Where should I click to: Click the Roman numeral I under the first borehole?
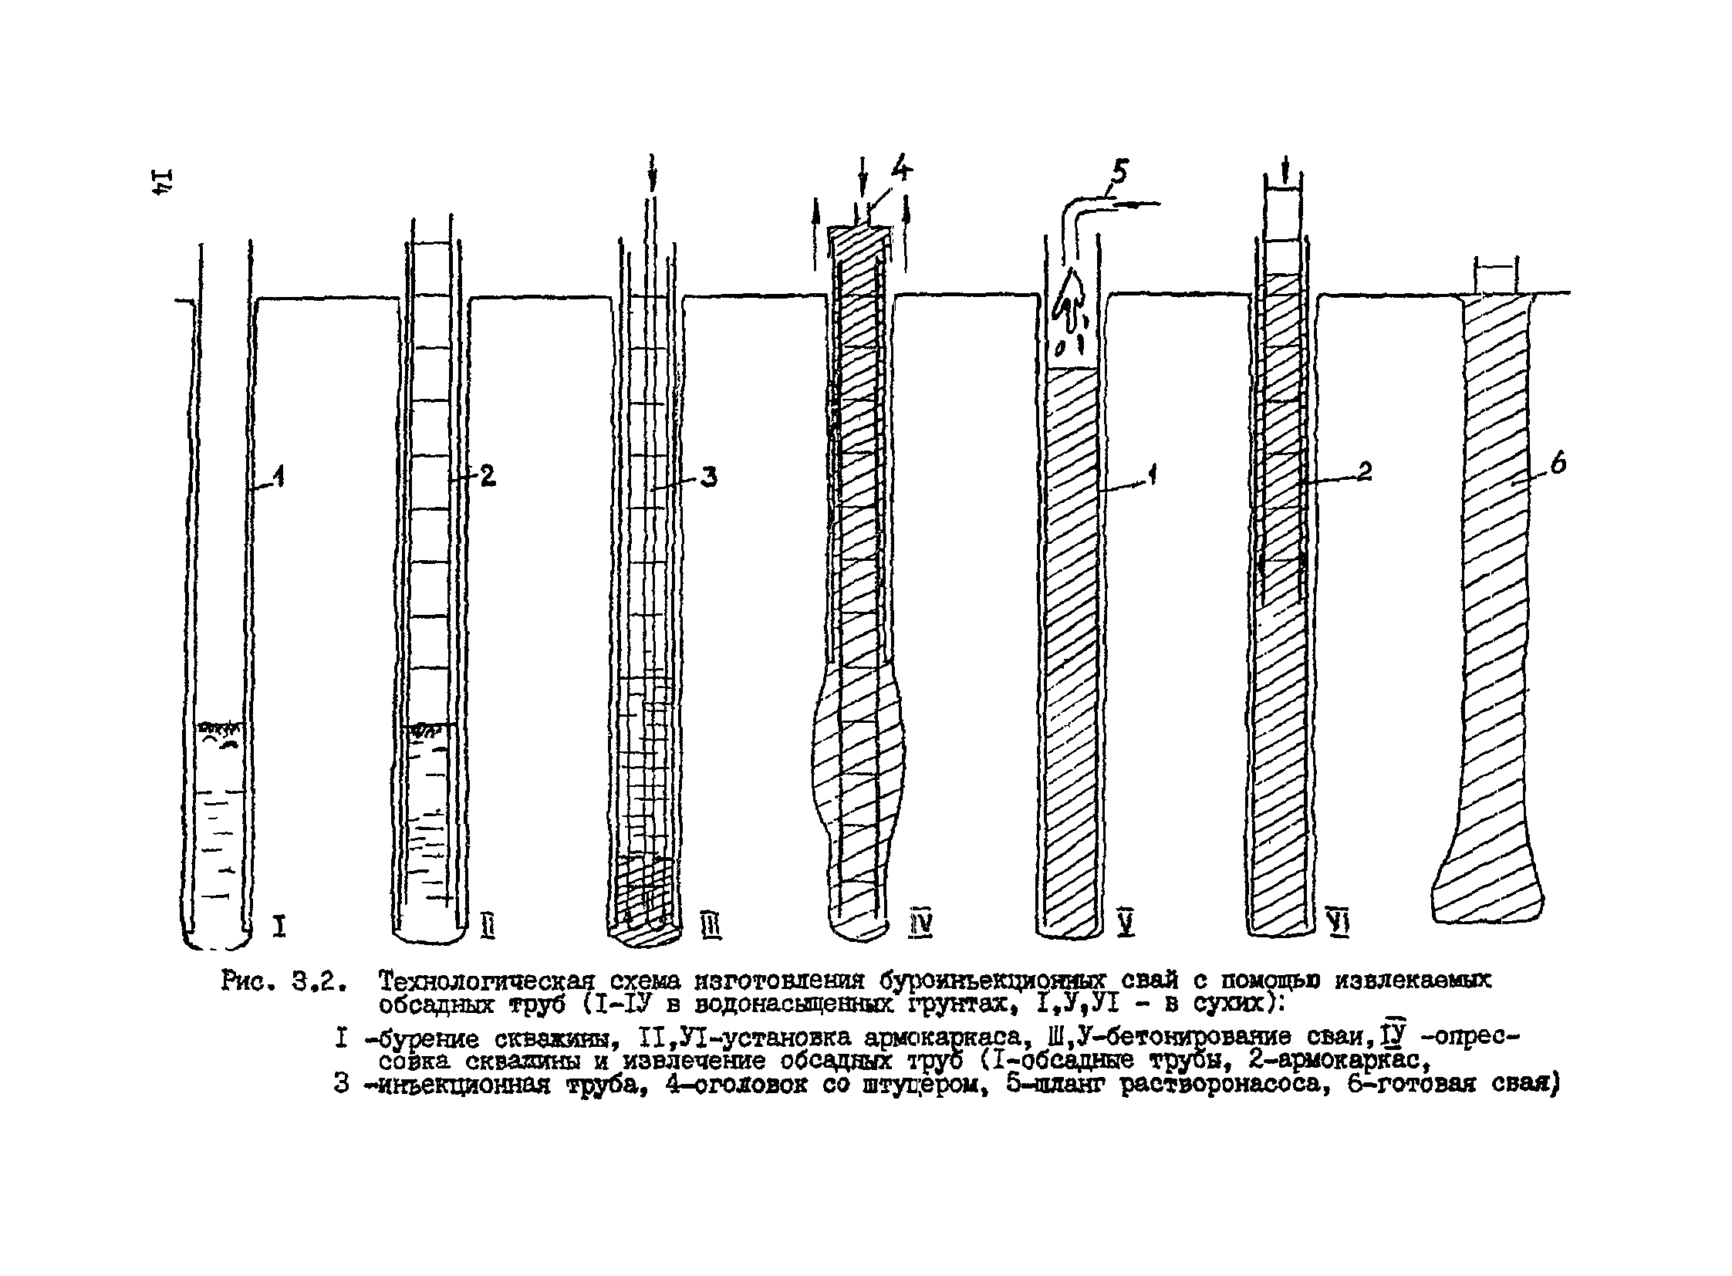coord(279,924)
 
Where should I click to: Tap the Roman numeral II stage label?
coord(488,924)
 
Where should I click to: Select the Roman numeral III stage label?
coord(711,924)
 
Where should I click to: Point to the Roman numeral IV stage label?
coord(920,923)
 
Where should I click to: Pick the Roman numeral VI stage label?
coord(1337,921)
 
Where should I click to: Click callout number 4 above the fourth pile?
coord(900,167)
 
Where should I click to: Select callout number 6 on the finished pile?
coord(1558,464)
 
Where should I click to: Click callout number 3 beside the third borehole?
coord(708,477)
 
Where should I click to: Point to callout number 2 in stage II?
coord(488,475)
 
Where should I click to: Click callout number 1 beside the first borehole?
coord(279,478)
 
